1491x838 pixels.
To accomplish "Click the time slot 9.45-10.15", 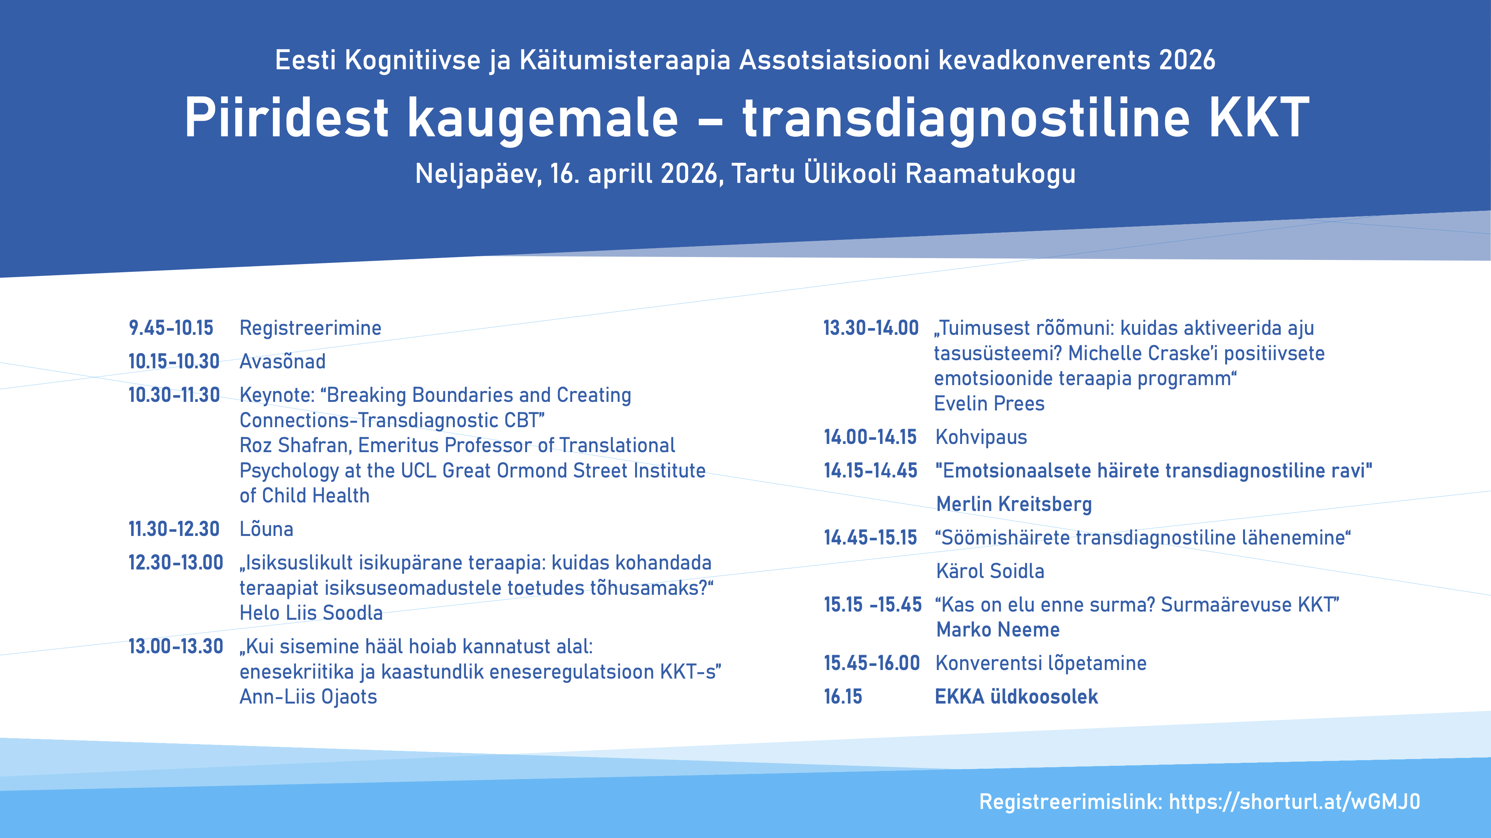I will click(x=171, y=328).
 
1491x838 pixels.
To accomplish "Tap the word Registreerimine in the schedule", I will click(x=310, y=328).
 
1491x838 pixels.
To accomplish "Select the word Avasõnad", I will click(x=283, y=361).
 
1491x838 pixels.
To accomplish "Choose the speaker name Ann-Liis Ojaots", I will click(x=308, y=697).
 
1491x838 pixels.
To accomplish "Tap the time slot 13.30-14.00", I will click(x=870, y=328).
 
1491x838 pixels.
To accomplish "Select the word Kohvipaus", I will click(x=981, y=437).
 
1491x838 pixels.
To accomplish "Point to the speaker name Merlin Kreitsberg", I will click(x=1014, y=504).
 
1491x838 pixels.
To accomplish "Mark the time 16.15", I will click(x=843, y=697).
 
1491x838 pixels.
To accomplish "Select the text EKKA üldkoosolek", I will click(x=1016, y=697).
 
